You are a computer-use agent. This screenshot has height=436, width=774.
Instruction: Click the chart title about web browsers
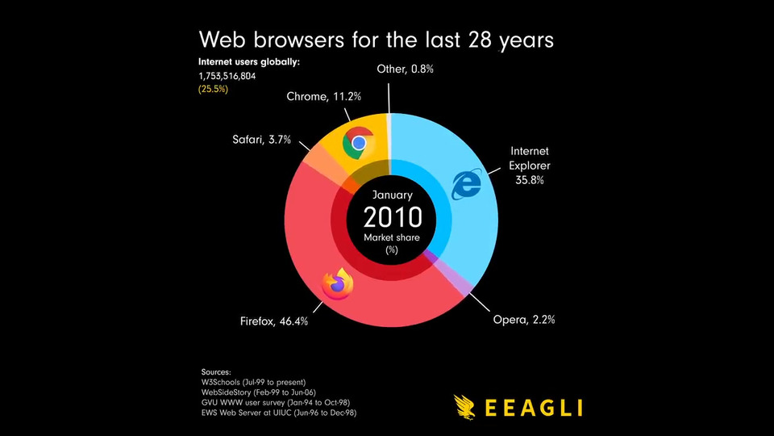[376, 40]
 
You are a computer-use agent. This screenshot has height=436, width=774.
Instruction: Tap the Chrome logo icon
[358, 143]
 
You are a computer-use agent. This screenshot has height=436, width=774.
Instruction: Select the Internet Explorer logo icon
[466, 185]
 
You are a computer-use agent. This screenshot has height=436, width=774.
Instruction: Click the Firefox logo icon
[338, 283]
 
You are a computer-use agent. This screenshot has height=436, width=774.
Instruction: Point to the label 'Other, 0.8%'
[405, 69]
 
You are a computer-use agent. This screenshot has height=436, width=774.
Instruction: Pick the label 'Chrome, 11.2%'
[323, 97]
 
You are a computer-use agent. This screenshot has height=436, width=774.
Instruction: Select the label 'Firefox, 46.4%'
[274, 321]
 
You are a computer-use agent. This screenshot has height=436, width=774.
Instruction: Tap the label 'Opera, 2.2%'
[524, 320]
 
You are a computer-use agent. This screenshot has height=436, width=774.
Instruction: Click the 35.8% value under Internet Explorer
[529, 180]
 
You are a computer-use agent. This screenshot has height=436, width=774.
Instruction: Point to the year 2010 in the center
[393, 217]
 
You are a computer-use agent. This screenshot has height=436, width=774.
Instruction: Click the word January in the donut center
[393, 195]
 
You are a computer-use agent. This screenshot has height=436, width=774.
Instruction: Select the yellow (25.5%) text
[213, 89]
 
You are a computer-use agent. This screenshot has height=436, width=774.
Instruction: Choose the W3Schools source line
[253, 381]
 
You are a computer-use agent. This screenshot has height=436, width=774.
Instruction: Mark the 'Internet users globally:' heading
[249, 61]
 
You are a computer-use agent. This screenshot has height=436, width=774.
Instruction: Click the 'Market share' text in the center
[393, 237]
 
